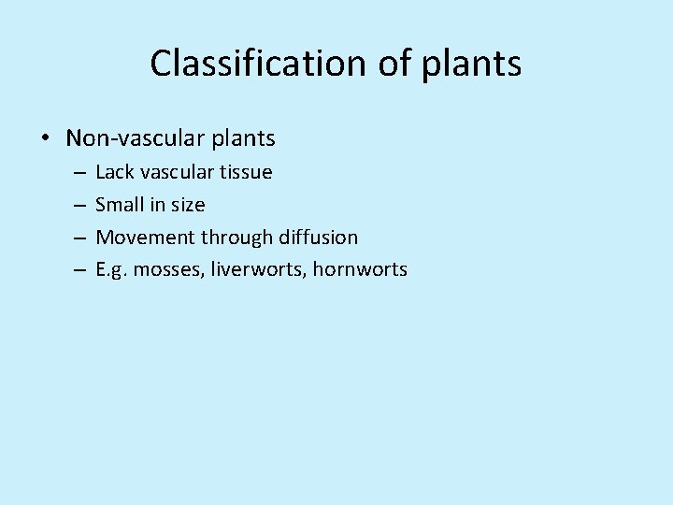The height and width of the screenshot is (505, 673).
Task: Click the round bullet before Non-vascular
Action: [45, 139]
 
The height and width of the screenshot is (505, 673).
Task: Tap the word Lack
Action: [115, 172]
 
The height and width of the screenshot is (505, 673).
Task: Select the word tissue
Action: [246, 172]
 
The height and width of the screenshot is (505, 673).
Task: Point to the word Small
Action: [120, 205]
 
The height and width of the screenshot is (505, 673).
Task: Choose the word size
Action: [187, 205]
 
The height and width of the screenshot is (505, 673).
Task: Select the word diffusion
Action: [318, 238]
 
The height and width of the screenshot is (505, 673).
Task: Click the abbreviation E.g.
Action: [111, 270]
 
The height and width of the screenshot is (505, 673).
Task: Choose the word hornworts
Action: [360, 269]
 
